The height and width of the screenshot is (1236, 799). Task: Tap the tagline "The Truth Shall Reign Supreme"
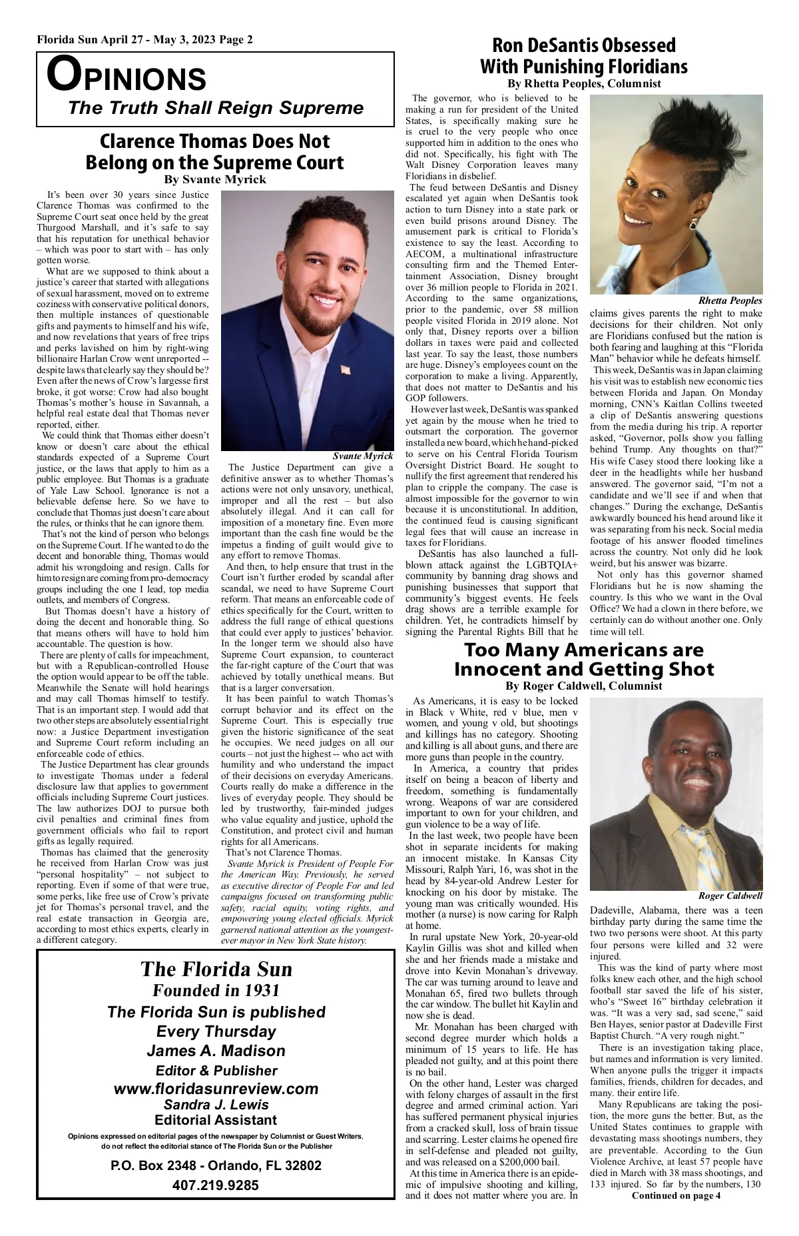point(216,108)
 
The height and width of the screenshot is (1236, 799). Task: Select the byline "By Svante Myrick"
point(215,179)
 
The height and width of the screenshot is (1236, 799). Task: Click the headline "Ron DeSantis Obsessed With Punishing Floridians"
point(583,56)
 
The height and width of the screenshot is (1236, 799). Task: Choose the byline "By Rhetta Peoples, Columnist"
point(584,84)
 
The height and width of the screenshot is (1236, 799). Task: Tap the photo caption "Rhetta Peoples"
point(730,301)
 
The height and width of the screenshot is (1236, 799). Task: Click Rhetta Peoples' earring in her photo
point(693,225)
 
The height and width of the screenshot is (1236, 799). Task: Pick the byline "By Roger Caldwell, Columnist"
point(583,686)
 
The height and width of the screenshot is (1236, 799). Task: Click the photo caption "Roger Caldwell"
point(730,896)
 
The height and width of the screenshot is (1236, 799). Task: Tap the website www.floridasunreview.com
point(216,1089)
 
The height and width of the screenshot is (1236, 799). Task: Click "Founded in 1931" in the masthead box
point(216,990)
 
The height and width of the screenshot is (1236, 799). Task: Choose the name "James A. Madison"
point(216,1051)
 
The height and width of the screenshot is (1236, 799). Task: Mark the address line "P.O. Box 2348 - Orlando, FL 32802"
point(216,1166)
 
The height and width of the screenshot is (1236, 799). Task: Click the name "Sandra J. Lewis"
point(216,1104)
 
